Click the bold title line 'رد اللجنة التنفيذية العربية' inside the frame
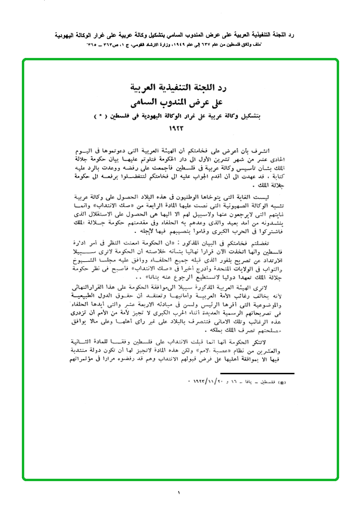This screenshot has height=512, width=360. pyautogui.click(x=180, y=88)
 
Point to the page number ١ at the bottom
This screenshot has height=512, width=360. pyautogui.click(x=180, y=493)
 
